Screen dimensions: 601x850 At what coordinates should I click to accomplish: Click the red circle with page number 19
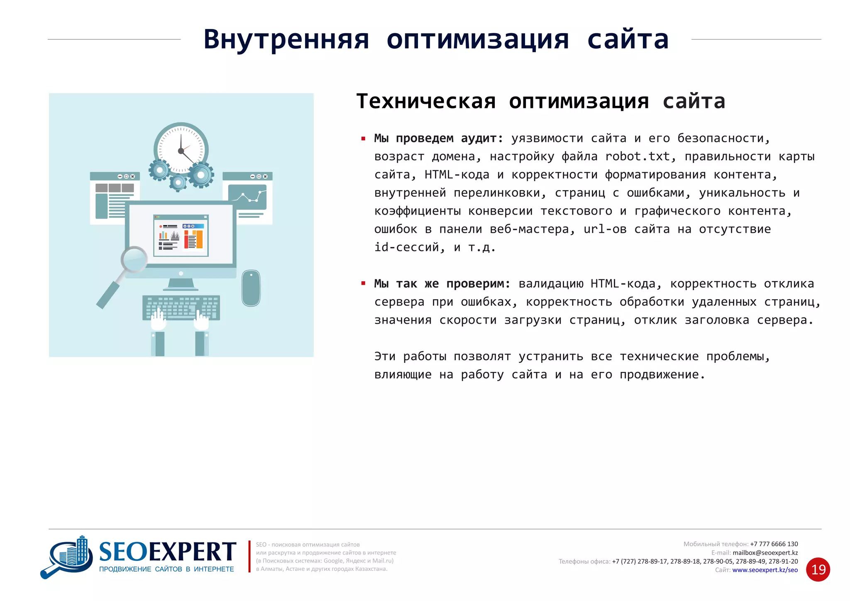[818, 569]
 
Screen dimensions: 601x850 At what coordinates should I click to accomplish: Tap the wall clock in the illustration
[181, 149]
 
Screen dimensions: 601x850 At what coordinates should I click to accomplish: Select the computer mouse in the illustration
[251, 288]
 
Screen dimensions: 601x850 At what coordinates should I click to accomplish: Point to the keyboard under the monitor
[181, 307]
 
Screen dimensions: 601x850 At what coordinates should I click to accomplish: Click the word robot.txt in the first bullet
[637, 156]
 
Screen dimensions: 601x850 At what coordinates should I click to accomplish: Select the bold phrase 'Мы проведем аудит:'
[439, 138]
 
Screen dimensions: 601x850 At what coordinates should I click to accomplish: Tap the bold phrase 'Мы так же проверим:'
[442, 284]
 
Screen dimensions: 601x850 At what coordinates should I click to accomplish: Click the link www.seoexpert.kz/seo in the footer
[765, 570]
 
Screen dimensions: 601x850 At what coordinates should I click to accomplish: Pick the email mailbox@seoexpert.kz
[765, 552]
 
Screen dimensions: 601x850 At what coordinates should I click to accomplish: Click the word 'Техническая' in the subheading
[426, 102]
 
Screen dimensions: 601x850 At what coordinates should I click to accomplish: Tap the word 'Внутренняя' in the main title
[286, 40]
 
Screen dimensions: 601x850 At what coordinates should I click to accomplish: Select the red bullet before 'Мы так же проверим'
[363, 284]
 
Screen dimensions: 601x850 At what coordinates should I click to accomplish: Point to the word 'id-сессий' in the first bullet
[407, 247]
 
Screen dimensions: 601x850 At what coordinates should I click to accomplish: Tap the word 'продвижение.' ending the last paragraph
[662, 375]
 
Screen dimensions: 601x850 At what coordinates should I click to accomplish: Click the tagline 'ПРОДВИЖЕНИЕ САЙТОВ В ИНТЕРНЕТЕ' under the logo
[166, 569]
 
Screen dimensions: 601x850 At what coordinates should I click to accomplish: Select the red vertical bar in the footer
[249, 556]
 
